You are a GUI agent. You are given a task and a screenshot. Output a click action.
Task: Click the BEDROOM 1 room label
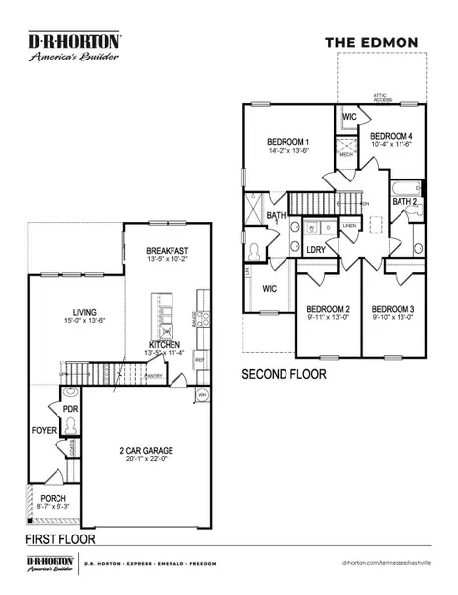pyautogui.click(x=289, y=141)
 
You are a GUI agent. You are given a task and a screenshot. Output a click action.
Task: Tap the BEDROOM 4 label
pyautogui.click(x=391, y=135)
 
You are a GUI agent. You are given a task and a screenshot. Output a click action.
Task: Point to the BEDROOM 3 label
pyautogui.click(x=392, y=308)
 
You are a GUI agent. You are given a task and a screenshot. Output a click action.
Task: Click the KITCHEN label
pyautogui.click(x=159, y=345)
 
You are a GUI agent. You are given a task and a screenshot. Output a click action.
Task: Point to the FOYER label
pyautogui.click(x=44, y=431)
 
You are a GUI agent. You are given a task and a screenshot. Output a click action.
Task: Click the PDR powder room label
pyautogui.click(x=70, y=409)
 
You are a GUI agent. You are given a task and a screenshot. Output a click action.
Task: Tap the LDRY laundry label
pyautogui.click(x=317, y=250)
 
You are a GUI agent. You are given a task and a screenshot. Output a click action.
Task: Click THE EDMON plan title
pyautogui.click(x=373, y=42)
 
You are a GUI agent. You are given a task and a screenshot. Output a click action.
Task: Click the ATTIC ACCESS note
pyautogui.click(x=383, y=97)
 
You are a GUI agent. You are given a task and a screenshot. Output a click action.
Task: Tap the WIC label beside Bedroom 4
pyautogui.click(x=349, y=117)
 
